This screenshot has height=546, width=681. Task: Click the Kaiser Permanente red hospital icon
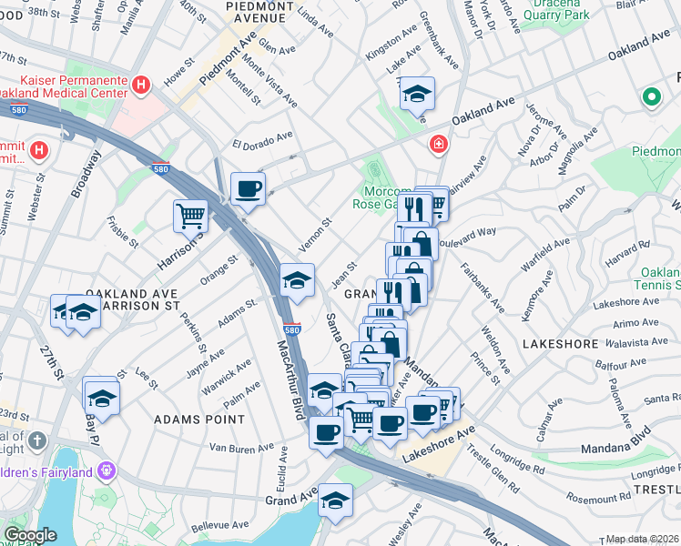pos(141,86)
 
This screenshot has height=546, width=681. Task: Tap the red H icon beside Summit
pos(37,149)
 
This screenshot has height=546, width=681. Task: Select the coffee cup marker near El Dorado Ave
pos(248,189)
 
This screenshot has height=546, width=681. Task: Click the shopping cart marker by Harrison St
pos(191,217)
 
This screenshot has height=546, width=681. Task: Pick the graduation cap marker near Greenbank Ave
pos(417,94)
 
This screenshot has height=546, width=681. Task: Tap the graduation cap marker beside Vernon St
pos(297,280)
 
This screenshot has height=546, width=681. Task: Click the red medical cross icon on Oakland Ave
pos(439,145)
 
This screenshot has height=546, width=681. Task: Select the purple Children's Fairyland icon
pos(107,470)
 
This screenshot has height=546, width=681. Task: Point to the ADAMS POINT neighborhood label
pos(199,419)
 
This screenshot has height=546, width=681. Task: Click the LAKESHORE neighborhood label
pos(560,344)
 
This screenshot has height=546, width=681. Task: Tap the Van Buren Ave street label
pos(241,448)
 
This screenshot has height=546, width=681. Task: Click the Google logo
pos(31,535)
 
